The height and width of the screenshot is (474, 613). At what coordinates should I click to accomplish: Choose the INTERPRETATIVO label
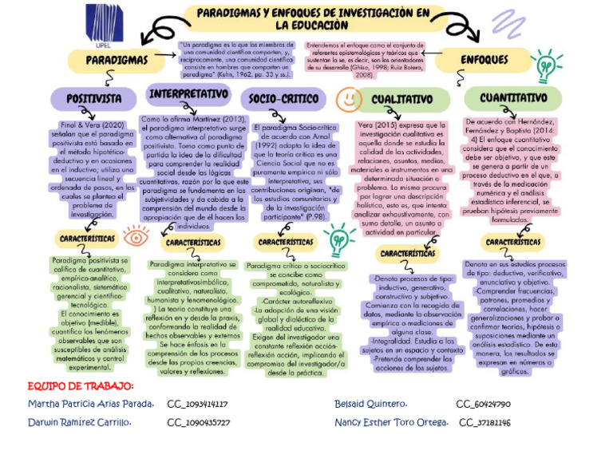point(188,94)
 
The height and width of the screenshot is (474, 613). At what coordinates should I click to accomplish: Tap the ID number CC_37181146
point(484,422)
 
